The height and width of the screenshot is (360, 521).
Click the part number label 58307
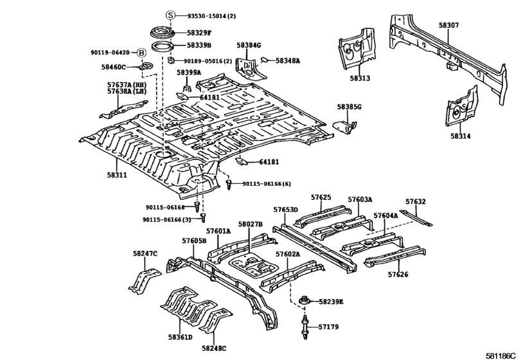pos(449,25)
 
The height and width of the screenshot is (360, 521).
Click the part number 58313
pos(360,78)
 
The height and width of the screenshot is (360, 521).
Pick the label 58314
pos(461,136)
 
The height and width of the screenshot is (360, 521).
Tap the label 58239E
pos(331,301)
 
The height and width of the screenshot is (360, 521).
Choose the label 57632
pos(415,201)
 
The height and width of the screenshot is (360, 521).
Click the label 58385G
pos(349,107)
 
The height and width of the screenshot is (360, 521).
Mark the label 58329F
pos(199,32)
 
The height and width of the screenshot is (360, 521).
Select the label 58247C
pos(145,253)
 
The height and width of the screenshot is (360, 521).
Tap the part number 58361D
pos(181,337)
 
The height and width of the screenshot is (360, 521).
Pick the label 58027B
pos(250,224)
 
